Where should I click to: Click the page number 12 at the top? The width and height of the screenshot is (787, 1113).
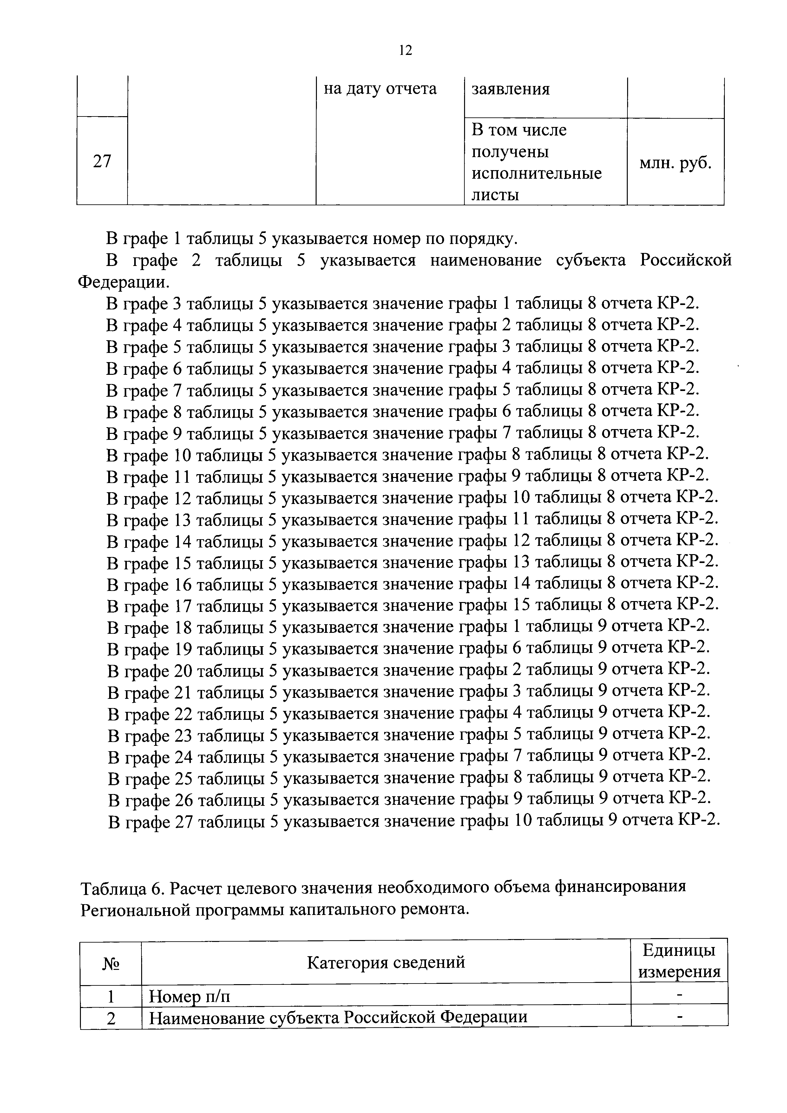click(x=405, y=50)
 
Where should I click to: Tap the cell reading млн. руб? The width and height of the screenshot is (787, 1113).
click(x=675, y=164)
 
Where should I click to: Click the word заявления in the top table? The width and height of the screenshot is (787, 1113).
click(x=511, y=89)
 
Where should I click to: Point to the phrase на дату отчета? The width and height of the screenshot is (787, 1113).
click(x=380, y=89)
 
